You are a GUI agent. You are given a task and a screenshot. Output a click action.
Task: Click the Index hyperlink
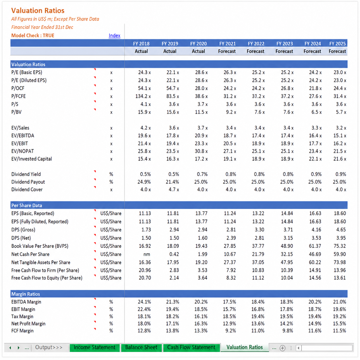[114, 36]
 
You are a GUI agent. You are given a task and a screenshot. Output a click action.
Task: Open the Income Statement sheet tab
[94, 347]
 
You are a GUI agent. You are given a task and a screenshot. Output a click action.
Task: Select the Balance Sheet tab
[141, 347]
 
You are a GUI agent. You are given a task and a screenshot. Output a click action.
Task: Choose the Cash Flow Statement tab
[191, 347]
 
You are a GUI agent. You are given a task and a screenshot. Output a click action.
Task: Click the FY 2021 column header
[227, 44]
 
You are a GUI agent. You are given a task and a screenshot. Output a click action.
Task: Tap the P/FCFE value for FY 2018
[143, 96]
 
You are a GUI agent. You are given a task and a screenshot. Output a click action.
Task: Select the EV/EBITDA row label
[23, 136]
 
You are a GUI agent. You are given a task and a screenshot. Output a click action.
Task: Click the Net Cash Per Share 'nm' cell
[147, 254]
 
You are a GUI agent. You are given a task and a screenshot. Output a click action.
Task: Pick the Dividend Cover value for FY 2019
[174, 189]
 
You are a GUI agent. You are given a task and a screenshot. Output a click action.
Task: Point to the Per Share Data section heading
[26, 205]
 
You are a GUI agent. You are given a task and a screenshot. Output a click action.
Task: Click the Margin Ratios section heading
[26, 294]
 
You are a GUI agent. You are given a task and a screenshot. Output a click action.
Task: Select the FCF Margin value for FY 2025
[339, 331]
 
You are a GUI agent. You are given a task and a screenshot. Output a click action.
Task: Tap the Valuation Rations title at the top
[38, 11]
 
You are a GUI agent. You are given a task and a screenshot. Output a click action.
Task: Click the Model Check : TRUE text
[33, 36]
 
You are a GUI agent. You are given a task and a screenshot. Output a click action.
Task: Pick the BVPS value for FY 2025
[340, 246]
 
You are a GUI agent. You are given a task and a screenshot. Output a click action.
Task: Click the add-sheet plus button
[282, 348]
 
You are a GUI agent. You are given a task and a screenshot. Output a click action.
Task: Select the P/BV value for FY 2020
[201, 112]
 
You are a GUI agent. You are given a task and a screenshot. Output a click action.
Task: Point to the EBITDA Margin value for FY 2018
[144, 302]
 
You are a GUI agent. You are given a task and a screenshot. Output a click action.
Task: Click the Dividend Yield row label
[26, 174]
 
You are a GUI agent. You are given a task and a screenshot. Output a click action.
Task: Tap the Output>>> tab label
[49, 347]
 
